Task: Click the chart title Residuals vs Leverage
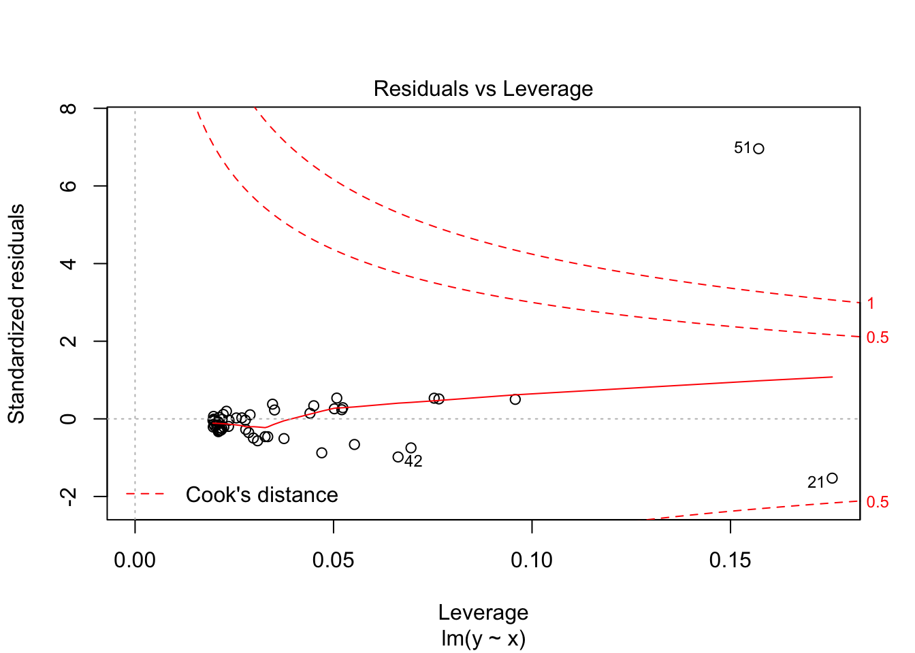coord(483,89)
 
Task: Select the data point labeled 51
coord(758,149)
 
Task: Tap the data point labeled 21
coord(832,478)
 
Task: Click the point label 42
coord(413,462)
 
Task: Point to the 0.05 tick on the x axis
coord(334,560)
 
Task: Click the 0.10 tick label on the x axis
coord(532,560)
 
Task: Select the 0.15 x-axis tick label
coord(730,560)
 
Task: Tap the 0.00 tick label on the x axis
coord(135,560)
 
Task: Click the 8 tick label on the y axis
coord(68,108)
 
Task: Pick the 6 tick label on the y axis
coord(68,186)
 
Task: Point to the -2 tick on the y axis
coord(68,497)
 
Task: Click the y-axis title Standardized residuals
coord(16,314)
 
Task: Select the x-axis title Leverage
coord(483,613)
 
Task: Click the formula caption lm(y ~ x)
coord(483,639)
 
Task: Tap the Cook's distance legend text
coord(262,495)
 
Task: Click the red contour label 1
coord(871,304)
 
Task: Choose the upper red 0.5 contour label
coord(878,338)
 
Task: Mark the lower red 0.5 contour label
coord(878,503)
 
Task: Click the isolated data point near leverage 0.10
coord(515,399)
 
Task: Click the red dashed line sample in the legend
coord(145,494)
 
